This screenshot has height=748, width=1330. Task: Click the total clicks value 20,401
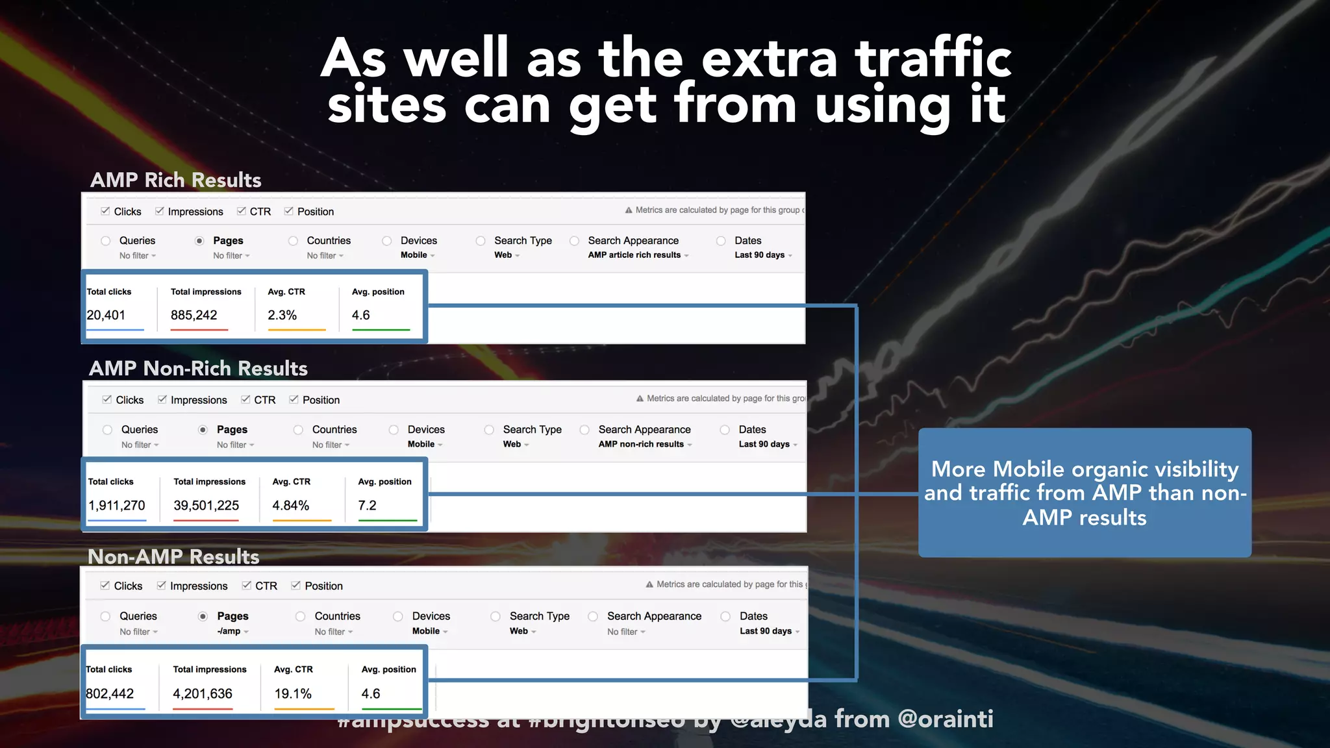(x=106, y=315)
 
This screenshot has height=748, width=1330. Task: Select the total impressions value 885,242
(x=194, y=315)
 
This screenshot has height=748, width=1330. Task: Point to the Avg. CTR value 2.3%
(x=282, y=315)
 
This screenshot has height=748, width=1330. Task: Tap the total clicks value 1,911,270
(x=117, y=505)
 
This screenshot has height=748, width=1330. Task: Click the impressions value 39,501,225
(x=206, y=505)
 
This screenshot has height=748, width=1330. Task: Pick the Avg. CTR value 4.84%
(x=290, y=505)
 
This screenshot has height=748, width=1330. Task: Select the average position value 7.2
(x=367, y=505)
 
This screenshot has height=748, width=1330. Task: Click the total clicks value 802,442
(x=110, y=693)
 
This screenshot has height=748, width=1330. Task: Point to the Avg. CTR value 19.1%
(x=293, y=693)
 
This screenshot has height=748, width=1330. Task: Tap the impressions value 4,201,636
(x=203, y=693)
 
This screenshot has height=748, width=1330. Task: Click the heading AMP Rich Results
(x=175, y=180)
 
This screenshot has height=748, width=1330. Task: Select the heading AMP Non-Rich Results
(x=198, y=368)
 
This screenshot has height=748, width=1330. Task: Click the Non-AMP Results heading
(x=173, y=556)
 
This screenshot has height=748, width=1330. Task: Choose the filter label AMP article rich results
(x=634, y=255)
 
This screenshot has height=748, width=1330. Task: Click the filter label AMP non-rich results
(x=641, y=444)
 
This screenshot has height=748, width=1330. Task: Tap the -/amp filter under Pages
(x=229, y=631)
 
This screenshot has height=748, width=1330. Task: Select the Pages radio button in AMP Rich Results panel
(x=199, y=241)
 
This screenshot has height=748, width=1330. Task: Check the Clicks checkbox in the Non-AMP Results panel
(x=105, y=586)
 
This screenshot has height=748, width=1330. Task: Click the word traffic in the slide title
(x=933, y=58)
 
